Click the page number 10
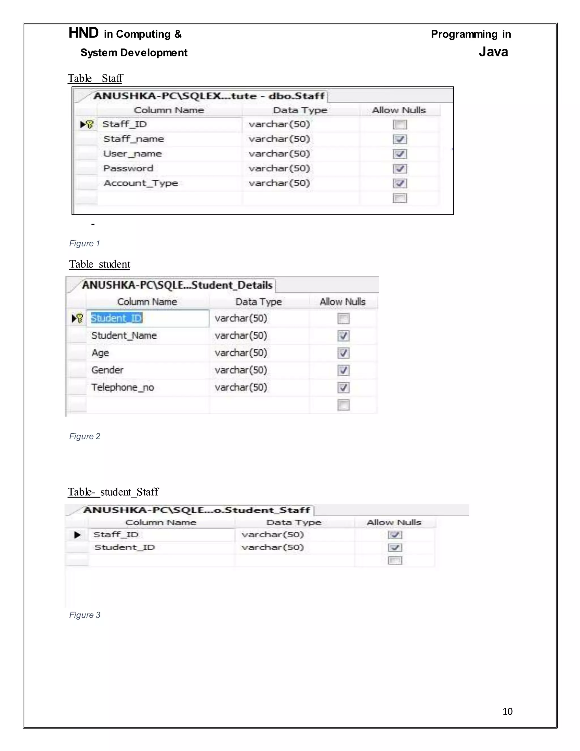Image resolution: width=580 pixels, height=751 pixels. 507,711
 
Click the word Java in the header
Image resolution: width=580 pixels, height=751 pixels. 493,52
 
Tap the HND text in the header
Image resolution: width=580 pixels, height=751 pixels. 84,33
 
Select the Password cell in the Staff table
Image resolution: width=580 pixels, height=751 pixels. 128,169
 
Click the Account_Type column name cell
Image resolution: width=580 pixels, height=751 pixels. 141,183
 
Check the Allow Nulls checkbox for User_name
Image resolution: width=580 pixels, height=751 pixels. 400,154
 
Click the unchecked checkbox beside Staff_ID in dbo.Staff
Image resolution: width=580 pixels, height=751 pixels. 400,124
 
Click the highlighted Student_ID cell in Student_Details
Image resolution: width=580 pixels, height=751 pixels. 116,318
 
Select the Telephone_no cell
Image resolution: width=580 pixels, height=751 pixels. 123,387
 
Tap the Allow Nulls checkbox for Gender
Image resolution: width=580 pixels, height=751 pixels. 343,370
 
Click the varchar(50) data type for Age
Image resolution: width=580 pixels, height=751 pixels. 241,353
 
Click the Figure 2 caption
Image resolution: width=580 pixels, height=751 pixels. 84,436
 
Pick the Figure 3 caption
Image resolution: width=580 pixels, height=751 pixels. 84,615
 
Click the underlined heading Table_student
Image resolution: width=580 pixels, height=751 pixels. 100,264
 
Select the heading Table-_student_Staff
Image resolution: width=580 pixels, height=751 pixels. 113,492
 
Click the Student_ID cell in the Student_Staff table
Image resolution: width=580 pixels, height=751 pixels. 125,548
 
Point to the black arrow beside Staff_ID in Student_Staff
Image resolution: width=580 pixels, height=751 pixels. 78,535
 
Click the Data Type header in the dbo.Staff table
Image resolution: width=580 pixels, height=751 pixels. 300,110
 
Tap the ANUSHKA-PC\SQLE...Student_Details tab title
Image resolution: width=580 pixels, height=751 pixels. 177,285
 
